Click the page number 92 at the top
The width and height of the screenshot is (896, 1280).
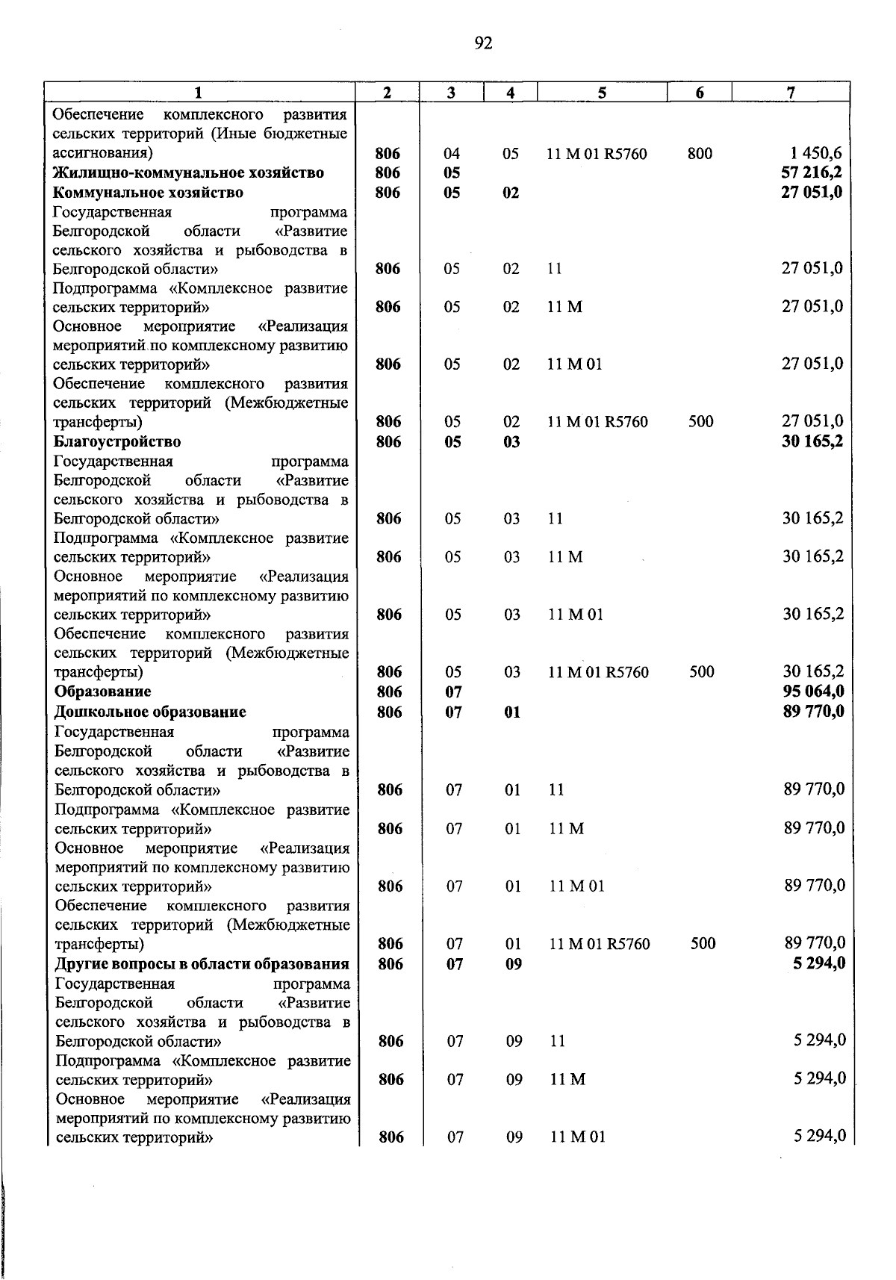click(483, 43)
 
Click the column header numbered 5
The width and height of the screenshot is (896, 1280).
click(602, 93)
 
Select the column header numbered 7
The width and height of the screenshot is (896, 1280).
click(791, 93)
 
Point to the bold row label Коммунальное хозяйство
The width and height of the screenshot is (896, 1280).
click(148, 193)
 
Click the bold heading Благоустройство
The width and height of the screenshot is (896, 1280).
click(117, 442)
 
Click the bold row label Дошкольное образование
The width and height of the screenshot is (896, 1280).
click(151, 712)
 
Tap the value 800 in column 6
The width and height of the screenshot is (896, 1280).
click(700, 154)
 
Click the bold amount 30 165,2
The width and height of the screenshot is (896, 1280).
click(812, 441)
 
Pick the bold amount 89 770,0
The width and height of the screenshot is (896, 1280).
click(814, 712)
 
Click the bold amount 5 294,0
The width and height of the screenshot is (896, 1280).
click(820, 963)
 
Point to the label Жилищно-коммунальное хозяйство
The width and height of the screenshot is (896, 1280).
click(189, 173)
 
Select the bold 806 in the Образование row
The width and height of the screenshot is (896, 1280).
click(389, 692)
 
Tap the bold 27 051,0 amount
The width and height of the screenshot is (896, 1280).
click(812, 193)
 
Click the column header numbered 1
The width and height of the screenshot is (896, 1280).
click(198, 93)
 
